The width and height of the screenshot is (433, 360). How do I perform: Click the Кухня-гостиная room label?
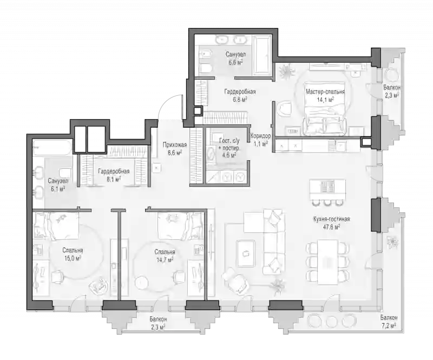pos(331,219)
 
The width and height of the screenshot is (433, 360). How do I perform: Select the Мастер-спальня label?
pos(325,91)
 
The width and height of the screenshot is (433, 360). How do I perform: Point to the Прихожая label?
pos(175,145)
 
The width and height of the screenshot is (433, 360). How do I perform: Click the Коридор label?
pos(260,136)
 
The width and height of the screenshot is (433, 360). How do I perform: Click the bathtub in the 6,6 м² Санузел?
pos(261,55)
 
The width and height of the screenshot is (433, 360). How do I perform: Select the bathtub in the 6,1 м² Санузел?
pos(53,147)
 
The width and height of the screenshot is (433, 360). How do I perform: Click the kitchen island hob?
pos(328,187)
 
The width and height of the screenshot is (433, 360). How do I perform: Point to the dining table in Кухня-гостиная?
pos(327,262)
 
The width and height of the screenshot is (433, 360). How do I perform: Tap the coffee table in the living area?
pos(246,252)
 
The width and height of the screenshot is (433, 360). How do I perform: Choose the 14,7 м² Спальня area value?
pos(165,260)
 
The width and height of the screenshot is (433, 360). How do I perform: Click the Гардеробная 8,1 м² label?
pos(114,175)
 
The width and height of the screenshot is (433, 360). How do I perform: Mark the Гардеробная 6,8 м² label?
pos(240,95)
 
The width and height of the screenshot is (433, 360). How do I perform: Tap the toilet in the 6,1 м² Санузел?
pos(64,173)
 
